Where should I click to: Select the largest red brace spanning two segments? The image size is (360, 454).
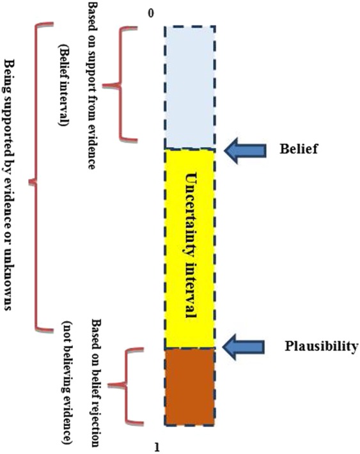point(38,179)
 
